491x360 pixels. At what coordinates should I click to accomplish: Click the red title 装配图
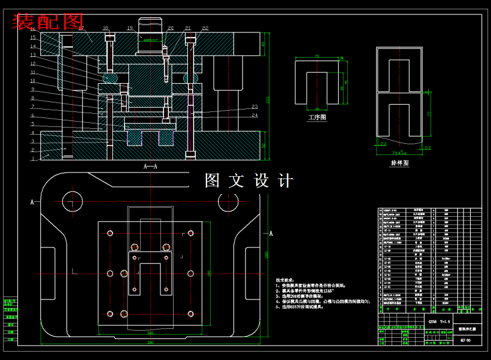49,22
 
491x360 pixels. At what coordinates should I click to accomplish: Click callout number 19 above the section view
129,28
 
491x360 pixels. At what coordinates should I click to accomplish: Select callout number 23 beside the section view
254,107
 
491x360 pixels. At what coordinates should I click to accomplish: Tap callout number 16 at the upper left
33,29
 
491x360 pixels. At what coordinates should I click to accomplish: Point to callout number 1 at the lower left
33,159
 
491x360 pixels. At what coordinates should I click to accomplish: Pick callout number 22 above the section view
205,28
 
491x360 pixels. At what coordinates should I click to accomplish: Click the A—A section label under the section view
150,167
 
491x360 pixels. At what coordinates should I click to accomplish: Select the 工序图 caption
317,117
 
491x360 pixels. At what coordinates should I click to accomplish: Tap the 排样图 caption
399,162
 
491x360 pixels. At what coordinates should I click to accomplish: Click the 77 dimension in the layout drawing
429,113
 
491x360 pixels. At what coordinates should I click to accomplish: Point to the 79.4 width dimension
399,152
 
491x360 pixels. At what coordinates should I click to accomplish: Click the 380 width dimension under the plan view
150,343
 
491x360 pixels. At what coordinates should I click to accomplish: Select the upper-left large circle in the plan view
71,202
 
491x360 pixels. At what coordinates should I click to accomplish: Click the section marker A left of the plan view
32,202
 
